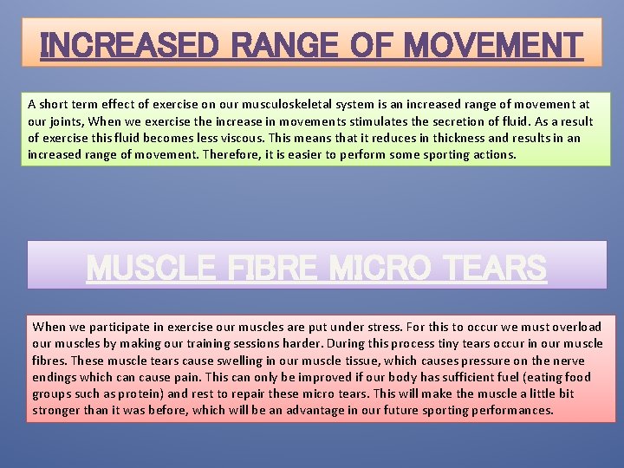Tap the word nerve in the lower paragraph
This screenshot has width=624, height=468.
(568, 361)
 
